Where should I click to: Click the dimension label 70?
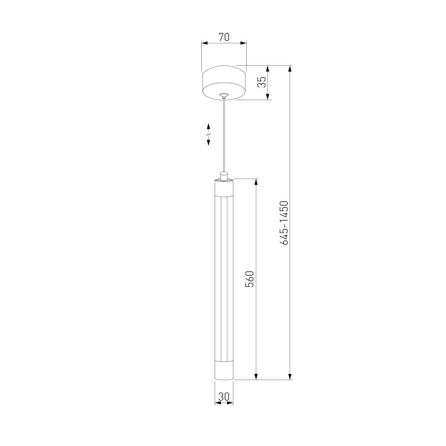[224, 37]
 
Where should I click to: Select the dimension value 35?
[262, 82]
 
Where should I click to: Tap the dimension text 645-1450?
[284, 223]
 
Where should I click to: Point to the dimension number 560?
[250, 279]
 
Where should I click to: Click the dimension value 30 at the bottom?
[224, 396]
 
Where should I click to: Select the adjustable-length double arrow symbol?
[209, 134]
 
